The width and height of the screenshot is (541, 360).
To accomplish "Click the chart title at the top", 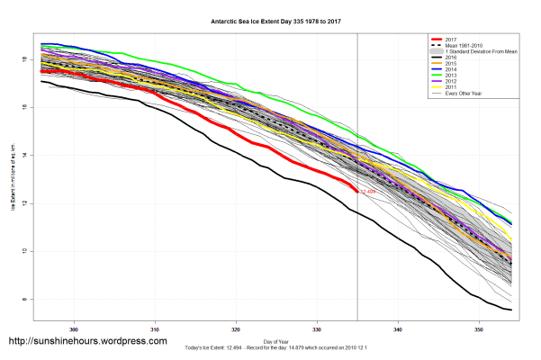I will tap(271, 19).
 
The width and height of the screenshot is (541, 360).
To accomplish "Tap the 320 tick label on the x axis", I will tap(236, 328).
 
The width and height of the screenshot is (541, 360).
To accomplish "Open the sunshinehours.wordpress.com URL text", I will tap(87, 342).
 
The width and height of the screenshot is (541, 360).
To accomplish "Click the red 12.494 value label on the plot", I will tap(368, 192).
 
